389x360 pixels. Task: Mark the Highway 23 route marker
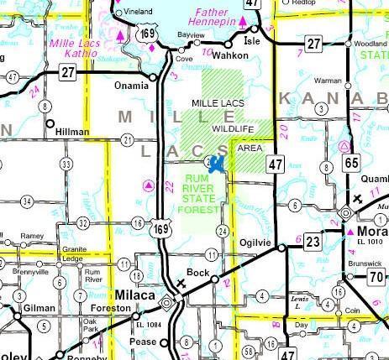[313, 242]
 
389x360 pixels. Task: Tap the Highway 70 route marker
[376, 277]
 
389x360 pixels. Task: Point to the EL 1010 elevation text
[371, 243]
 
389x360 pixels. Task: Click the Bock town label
[197, 273]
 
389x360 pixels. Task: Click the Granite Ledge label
[71, 253]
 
